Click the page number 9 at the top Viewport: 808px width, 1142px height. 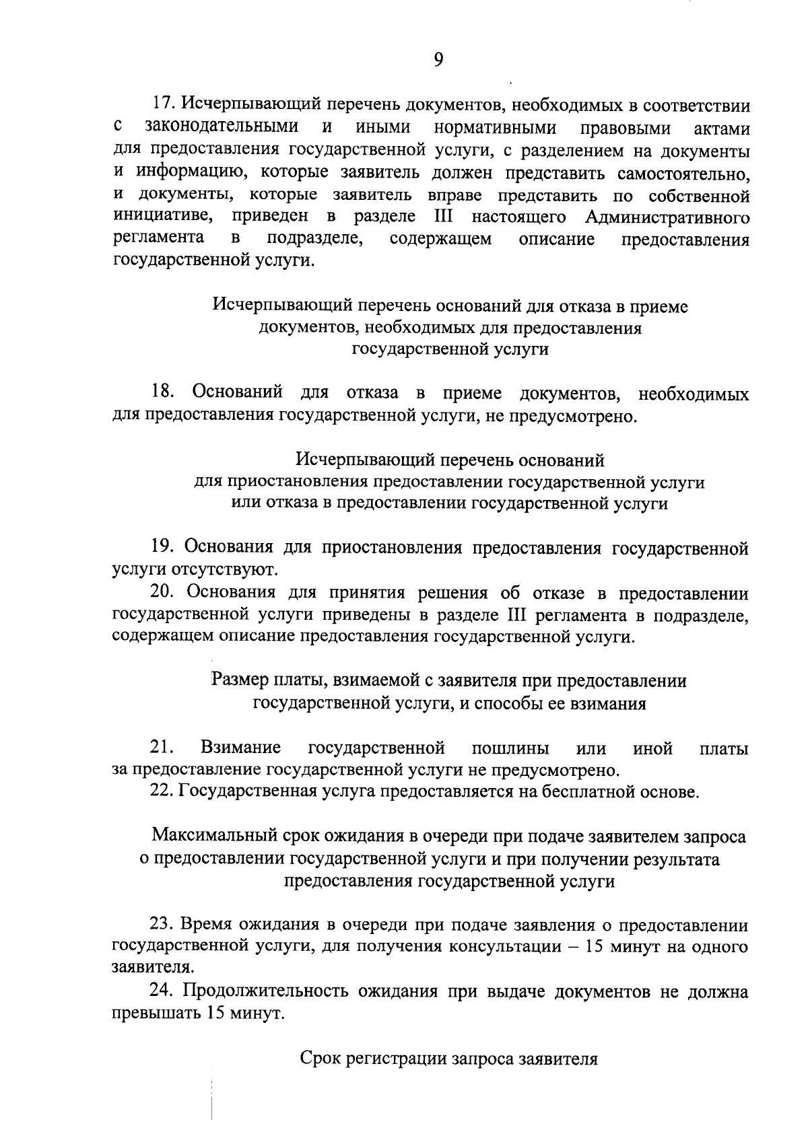[x=438, y=61]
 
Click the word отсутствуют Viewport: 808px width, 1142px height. [x=221, y=570]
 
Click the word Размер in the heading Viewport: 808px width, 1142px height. [x=239, y=680]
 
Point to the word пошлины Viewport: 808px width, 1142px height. [x=510, y=748]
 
